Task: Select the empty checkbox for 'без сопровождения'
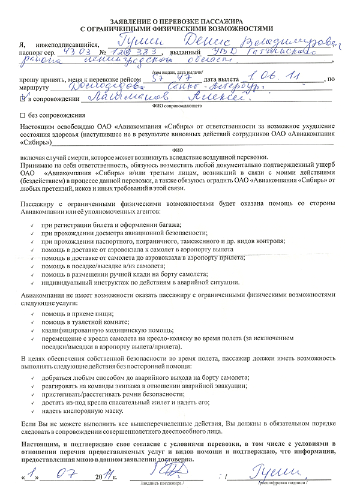(22, 115)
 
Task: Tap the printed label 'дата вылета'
(221, 80)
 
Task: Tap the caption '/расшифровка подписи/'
(282, 482)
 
